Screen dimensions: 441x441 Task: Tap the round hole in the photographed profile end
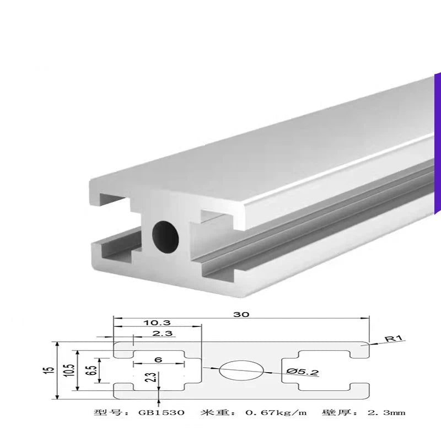[166, 234]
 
